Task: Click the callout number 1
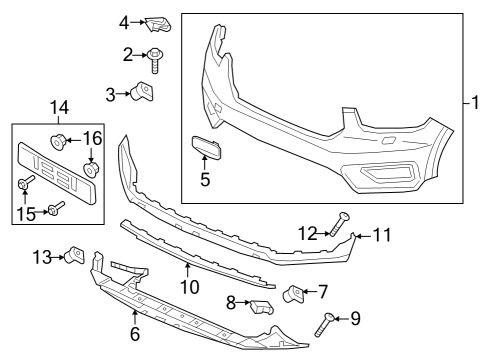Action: (477, 102)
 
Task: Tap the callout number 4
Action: (125, 22)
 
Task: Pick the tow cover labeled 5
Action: (207, 150)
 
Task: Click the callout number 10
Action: (187, 288)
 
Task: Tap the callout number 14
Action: (61, 106)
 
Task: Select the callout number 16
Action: (91, 137)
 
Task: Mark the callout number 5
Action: (204, 181)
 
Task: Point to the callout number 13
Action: (39, 257)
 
